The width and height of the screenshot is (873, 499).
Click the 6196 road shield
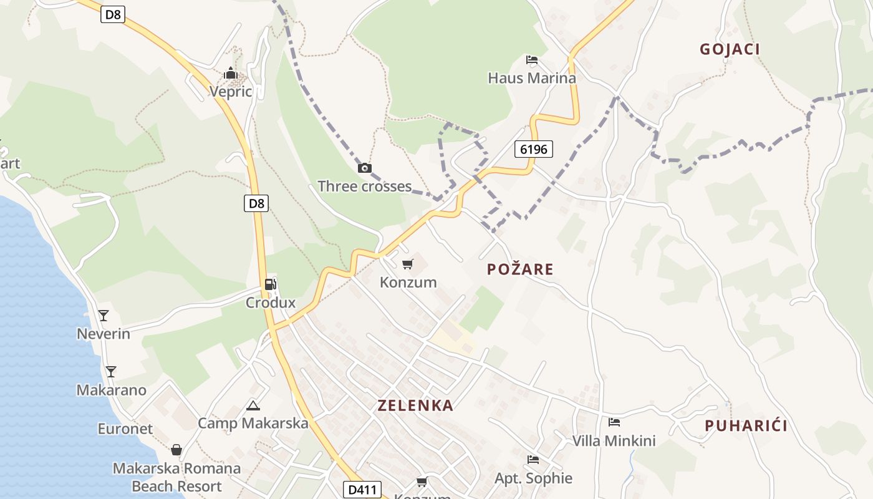[x=534, y=149]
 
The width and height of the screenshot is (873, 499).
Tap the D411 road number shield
[x=362, y=490]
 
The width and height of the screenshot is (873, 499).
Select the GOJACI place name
[x=730, y=49]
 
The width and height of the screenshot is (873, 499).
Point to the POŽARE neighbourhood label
[x=520, y=269]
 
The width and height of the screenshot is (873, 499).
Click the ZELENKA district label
[x=415, y=405]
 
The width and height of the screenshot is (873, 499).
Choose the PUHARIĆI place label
[x=746, y=426]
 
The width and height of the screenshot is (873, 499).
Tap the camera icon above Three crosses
[x=365, y=168]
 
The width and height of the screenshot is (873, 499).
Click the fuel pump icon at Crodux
[x=270, y=284]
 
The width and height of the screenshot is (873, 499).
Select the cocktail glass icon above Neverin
[x=104, y=315]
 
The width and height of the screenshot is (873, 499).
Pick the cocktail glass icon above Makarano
[x=111, y=372]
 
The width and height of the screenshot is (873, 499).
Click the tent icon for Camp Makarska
[x=253, y=405]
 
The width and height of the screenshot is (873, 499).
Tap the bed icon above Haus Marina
[x=532, y=60]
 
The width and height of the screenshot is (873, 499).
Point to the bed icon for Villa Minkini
[x=614, y=422]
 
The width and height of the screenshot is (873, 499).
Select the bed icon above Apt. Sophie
[x=533, y=460]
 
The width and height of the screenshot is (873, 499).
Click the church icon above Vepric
[x=231, y=74]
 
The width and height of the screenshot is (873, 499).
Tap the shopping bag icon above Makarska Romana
[x=177, y=450]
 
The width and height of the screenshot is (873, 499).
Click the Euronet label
[x=125, y=429]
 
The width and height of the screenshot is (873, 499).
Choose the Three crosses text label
[x=365, y=187]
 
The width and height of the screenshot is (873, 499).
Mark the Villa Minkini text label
[x=614, y=441]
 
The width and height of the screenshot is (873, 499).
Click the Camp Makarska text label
[x=253, y=424]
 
